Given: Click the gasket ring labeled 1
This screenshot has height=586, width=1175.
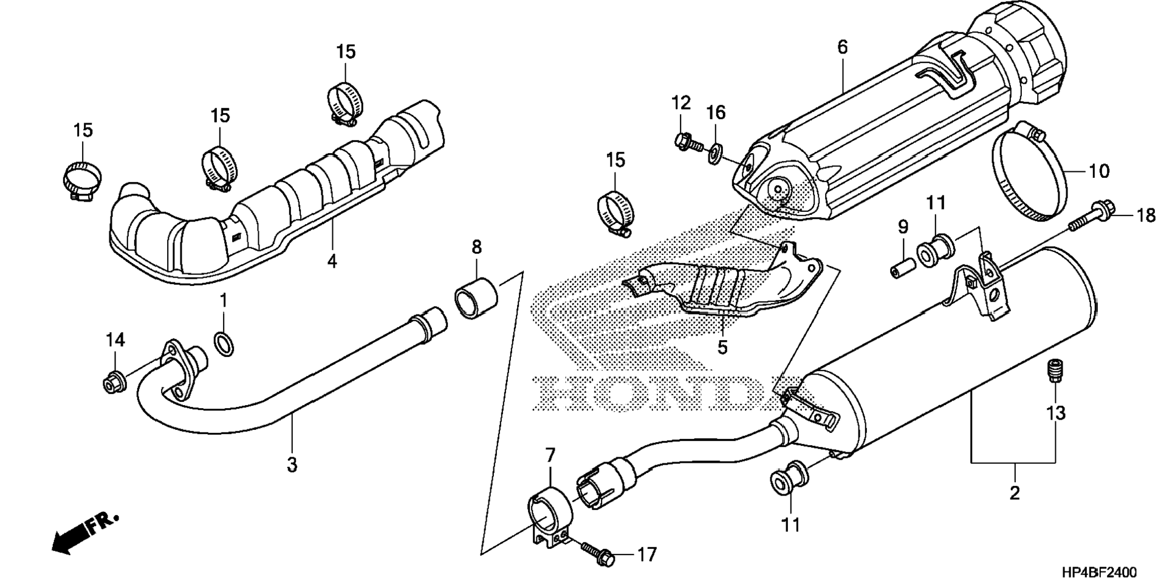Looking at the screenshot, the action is point(225,344).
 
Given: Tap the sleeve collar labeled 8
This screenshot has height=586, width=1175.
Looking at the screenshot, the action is point(476,296).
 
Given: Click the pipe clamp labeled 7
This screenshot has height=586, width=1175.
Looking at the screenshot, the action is point(549,516).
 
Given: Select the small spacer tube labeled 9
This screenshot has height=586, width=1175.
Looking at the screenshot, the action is point(902,268).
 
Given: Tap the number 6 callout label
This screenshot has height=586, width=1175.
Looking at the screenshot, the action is point(842,47).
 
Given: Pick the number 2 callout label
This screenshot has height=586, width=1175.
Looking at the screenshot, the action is point(1015,493).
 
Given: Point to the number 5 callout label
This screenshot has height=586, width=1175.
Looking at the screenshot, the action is point(722,347).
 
